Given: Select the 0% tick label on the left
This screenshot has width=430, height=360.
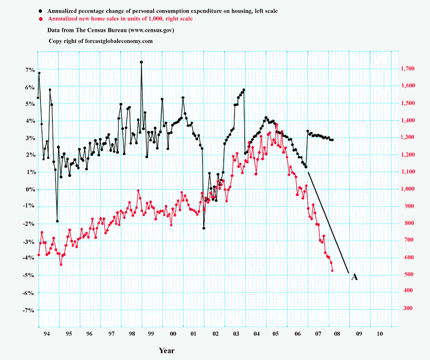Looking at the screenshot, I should [x=30, y=190].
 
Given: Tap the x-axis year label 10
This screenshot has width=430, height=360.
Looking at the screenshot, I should [x=380, y=334].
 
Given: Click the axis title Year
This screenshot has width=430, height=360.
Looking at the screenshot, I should [x=167, y=351].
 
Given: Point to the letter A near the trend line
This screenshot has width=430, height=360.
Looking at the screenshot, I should [x=355, y=277].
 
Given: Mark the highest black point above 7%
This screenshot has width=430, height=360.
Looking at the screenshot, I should [x=141, y=62].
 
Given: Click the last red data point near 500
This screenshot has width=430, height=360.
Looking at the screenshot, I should [x=332, y=271].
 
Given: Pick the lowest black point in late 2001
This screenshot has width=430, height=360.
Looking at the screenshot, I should [x=204, y=228].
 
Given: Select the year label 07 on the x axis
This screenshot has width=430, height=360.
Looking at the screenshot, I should [x=317, y=334].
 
